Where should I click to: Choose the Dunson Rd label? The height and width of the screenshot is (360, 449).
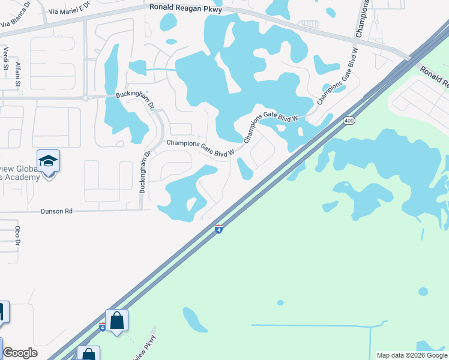tap(56, 211)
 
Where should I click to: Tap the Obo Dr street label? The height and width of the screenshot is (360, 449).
tap(18, 236)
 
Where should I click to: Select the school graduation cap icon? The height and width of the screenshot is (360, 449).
tap(48, 161)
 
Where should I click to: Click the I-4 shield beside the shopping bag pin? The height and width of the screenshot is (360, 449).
tap(103, 326)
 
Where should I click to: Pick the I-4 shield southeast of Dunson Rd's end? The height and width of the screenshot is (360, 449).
tap(219, 229)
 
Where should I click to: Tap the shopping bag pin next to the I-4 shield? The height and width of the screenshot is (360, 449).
tap(116, 320)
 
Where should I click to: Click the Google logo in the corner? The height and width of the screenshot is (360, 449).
tap(20, 353)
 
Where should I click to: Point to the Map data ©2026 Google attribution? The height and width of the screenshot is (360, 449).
tap(412, 355)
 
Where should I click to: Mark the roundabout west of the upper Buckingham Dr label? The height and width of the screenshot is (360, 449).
tap(85, 97)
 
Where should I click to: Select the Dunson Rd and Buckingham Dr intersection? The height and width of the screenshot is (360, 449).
tap(141, 210)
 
